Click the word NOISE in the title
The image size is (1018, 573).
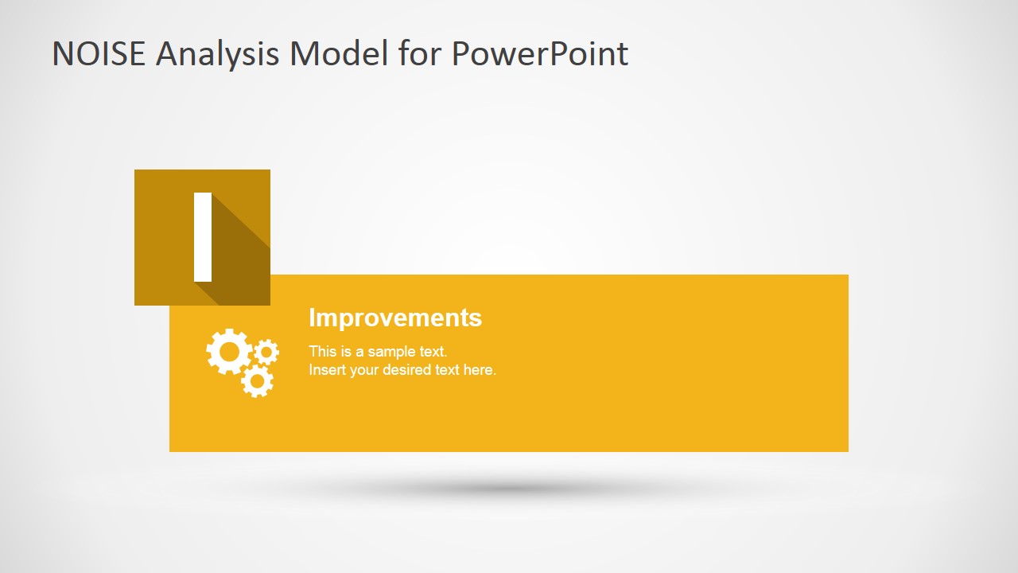coord(99,53)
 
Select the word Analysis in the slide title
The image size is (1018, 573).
coord(218,53)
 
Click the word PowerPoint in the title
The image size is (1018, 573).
coord(540,53)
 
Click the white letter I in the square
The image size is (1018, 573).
coord(203,237)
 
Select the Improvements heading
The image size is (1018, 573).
coord(395,318)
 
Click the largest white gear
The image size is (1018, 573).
coord(229,352)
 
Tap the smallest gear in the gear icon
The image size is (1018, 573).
coord(266,352)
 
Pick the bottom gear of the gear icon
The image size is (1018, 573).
coord(257,381)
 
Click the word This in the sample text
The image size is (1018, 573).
coord(323,351)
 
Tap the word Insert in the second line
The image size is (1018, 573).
coord(326,370)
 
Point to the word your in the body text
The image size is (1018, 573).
coord(364,370)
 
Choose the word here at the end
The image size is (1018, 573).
coord(480,370)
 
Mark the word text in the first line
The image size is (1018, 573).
coord(433,351)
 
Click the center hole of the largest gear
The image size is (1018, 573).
coord(229,352)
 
